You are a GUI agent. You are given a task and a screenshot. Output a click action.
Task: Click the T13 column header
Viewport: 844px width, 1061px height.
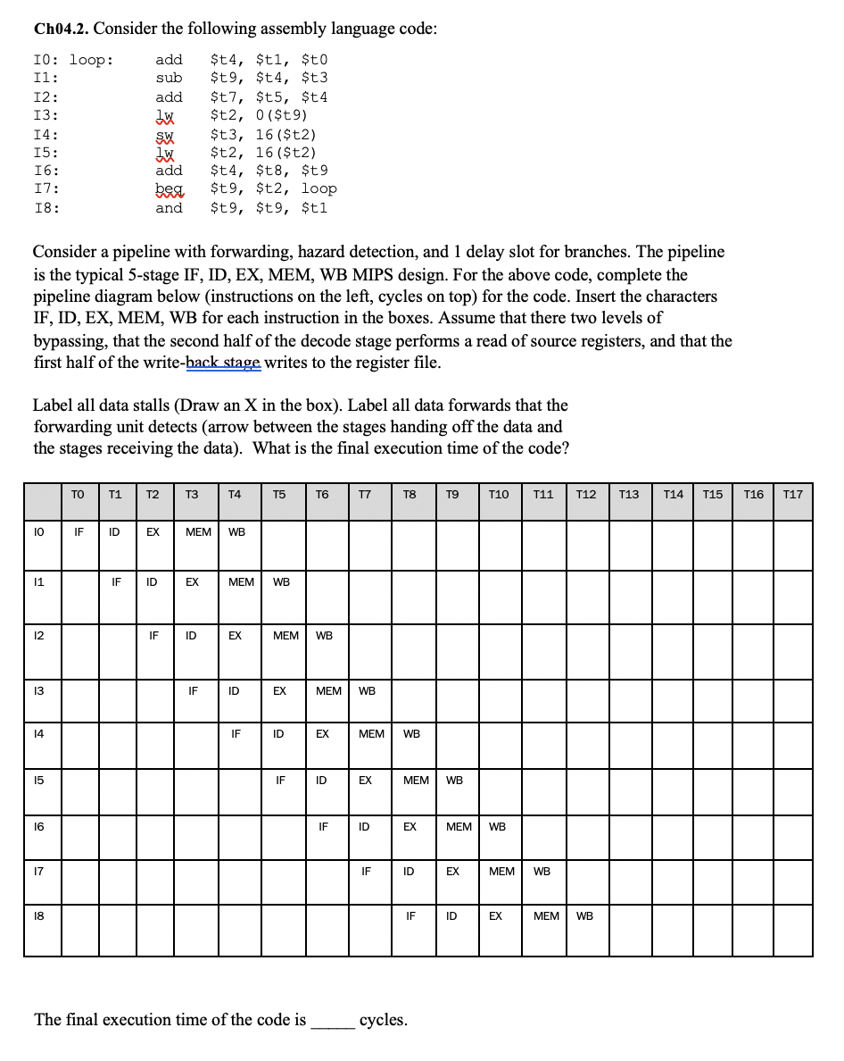click(x=629, y=495)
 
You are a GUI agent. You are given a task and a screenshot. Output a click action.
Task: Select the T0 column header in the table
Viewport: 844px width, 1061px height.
click(x=79, y=495)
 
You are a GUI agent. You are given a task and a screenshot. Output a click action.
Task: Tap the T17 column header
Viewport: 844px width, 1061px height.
click(x=792, y=495)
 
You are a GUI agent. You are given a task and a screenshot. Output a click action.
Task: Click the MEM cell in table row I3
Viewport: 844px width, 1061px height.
click(x=328, y=690)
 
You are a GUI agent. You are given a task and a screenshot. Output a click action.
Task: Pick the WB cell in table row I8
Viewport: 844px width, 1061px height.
click(x=584, y=915)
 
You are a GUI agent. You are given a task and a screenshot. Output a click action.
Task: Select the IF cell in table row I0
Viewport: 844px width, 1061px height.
click(x=79, y=532)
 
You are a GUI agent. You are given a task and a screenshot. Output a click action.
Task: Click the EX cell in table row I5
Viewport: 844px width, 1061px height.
click(x=365, y=780)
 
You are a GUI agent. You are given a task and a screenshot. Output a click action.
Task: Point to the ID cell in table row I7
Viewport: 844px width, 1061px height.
click(x=408, y=871)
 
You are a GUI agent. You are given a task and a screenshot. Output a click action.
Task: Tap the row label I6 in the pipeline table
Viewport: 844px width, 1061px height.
click(x=40, y=826)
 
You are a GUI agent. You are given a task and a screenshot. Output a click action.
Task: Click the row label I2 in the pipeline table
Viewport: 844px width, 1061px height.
click(x=40, y=636)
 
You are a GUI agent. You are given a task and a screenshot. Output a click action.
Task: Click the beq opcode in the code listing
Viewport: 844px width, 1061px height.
click(x=169, y=189)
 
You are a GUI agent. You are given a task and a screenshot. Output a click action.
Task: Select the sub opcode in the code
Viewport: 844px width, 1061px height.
click(x=169, y=78)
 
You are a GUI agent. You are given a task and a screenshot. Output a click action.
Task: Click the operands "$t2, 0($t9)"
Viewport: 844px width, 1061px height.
click(x=259, y=115)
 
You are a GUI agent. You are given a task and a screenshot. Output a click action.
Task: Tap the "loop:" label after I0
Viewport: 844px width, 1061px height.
click(x=92, y=60)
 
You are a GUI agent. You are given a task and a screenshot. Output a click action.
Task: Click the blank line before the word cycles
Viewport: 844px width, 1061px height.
click(x=332, y=1020)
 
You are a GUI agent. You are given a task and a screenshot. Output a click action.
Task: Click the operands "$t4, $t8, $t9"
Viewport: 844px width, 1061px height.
click(x=269, y=171)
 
